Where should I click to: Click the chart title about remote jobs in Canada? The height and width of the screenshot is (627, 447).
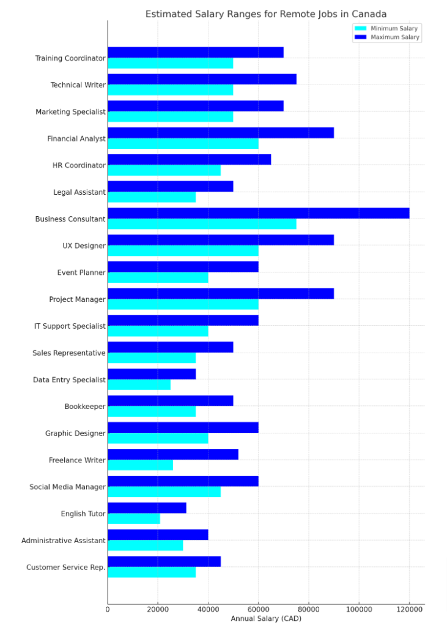coord(266,14)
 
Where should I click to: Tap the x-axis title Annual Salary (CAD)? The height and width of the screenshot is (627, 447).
coord(266,618)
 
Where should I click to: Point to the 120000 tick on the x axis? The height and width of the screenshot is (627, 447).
coord(409,609)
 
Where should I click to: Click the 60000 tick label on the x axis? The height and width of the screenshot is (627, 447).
coord(258,609)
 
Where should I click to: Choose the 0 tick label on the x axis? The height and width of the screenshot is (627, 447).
coord(108,609)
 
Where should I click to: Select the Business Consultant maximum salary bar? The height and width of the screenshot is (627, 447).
coord(258,213)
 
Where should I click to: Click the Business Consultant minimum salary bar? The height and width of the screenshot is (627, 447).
coord(202,224)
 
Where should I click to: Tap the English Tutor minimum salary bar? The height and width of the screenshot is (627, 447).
coord(134,519)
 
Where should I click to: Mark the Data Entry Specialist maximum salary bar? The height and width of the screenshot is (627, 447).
coord(152,374)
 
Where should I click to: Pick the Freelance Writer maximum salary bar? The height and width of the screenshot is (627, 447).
coord(173,454)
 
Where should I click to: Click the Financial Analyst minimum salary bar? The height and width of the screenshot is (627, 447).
coord(183,144)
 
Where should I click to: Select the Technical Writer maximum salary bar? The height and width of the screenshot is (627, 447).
coord(202,79)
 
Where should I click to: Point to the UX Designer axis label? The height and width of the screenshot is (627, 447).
coord(84,246)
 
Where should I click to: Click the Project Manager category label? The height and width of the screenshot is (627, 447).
coord(77,299)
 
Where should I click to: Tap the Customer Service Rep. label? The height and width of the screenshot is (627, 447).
coord(65,568)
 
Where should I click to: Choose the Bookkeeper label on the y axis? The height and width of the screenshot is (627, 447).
coord(85,407)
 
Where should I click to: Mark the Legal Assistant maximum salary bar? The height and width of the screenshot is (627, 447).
coord(170,186)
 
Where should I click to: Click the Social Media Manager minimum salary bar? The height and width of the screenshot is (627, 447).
coord(164,492)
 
